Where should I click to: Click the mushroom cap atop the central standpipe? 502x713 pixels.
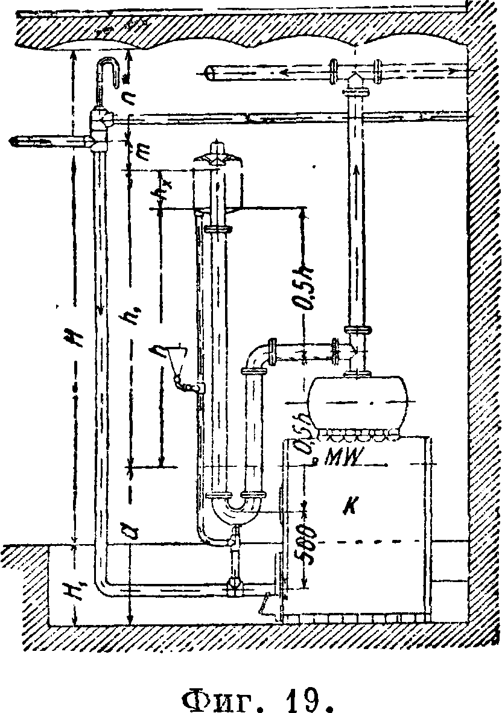click(216, 154)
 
